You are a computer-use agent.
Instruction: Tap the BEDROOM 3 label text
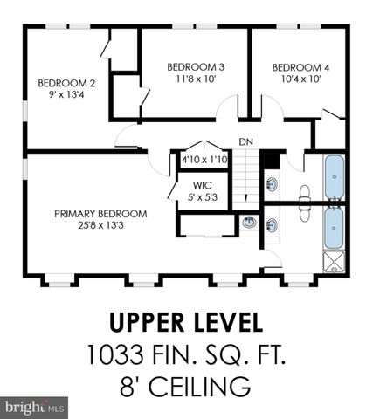pos(196,66)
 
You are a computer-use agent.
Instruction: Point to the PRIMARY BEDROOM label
pos(100,213)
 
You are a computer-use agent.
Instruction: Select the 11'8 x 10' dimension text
pos(196,79)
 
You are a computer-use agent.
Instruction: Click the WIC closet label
pos(204,184)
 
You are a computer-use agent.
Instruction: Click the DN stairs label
pos(246,142)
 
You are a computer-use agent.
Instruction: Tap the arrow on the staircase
pos(250,188)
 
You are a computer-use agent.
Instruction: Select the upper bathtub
pos(335,178)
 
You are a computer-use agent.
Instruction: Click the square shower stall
pos(335,262)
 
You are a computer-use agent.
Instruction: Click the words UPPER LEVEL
pos(185,322)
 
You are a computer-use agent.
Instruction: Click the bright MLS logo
pos(35,407)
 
